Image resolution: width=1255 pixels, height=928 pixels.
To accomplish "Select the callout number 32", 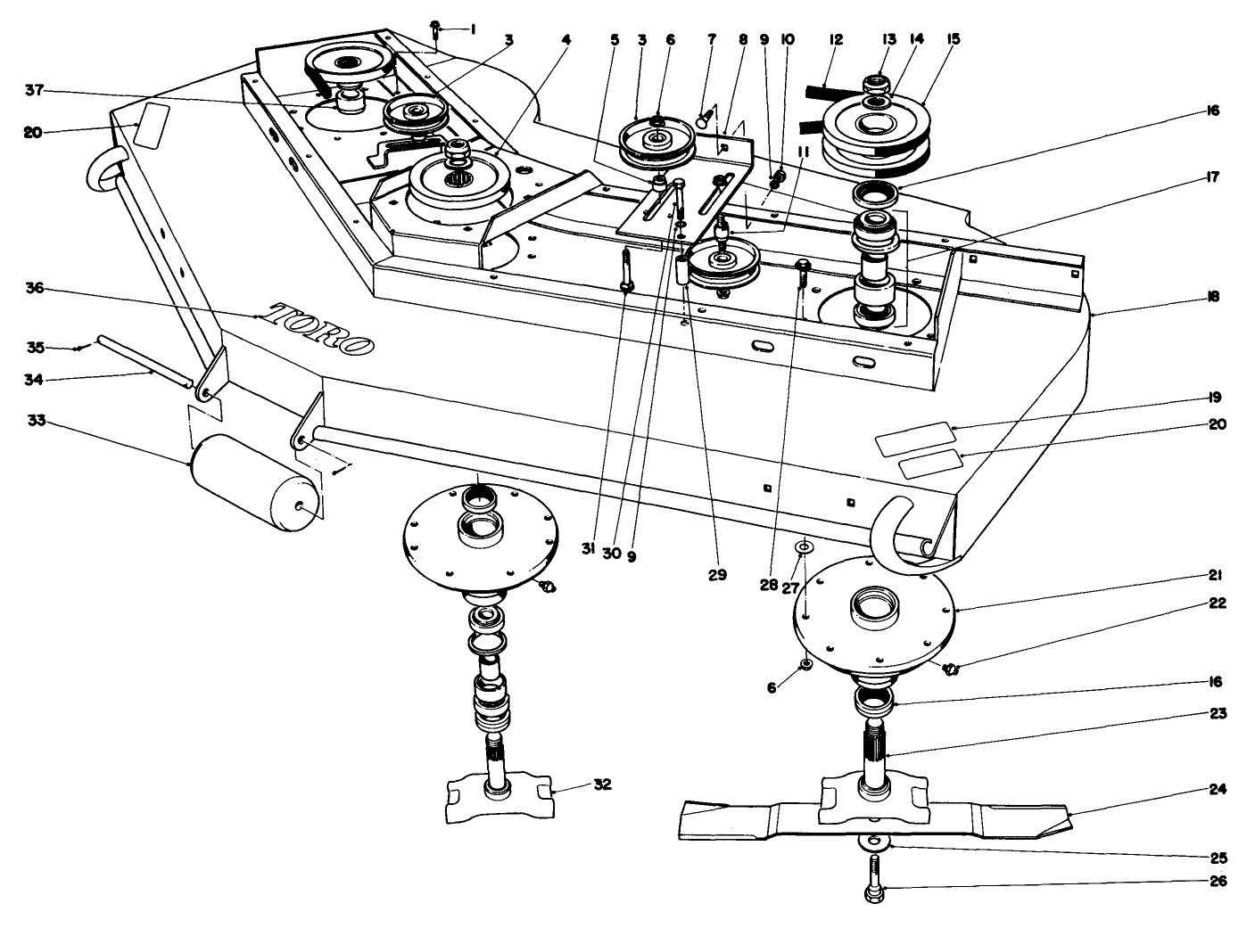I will pyautogui.click(x=603, y=785).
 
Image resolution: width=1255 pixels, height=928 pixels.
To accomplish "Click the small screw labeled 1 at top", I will pyautogui.click(x=434, y=29).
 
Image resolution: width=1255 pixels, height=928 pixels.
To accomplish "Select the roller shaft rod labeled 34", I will pyautogui.click(x=143, y=362).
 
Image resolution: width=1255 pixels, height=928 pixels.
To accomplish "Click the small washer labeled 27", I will pyautogui.click(x=804, y=545).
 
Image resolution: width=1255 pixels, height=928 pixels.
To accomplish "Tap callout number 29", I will pyautogui.click(x=717, y=575).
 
